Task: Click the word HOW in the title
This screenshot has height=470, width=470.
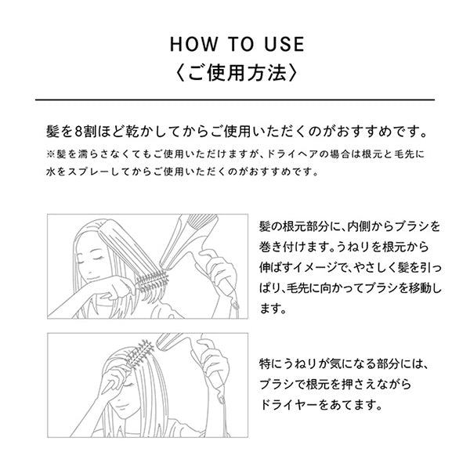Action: tap(193, 44)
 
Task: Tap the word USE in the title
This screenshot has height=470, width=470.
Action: tap(284, 44)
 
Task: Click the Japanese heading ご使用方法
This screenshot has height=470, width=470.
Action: tap(237, 73)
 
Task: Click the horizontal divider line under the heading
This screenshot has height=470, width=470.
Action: tap(235, 99)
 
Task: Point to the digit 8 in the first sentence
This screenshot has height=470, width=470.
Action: tap(78, 132)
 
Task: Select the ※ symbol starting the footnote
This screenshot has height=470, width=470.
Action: tap(50, 154)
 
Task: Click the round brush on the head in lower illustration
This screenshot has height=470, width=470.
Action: tap(139, 354)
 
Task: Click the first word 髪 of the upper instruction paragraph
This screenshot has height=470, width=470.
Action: tap(265, 226)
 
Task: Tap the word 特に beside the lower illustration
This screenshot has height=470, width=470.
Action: tap(271, 364)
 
